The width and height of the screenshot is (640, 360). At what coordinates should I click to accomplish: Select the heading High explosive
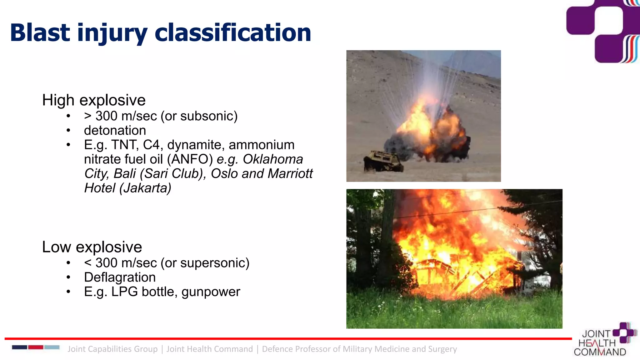pyautogui.click(x=94, y=100)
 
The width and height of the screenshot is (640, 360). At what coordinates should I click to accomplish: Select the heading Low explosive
pyautogui.click(x=92, y=247)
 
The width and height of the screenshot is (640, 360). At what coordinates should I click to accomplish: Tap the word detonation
pyautogui.click(x=115, y=130)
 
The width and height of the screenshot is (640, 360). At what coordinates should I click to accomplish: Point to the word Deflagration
pyautogui.click(x=120, y=277)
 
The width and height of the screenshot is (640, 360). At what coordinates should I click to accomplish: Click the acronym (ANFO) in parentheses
pyautogui.click(x=190, y=159)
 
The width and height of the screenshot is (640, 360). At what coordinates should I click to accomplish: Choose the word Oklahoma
pyautogui.click(x=273, y=159)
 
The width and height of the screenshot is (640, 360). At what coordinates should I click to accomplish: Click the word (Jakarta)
pyautogui.click(x=145, y=188)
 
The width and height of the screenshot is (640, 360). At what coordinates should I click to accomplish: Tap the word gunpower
pyautogui.click(x=211, y=292)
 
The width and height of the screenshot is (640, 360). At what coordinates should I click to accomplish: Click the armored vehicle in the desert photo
pyautogui.click(x=383, y=161)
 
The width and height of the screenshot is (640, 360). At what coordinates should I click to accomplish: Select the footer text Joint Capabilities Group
pyautogui.click(x=112, y=349)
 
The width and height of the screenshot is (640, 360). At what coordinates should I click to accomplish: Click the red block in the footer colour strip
pyautogui.click(x=36, y=347)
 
